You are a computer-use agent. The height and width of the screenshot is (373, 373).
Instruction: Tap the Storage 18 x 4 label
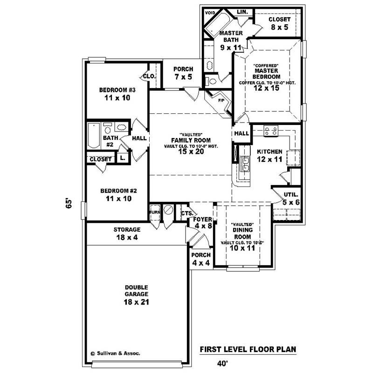[x=127, y=234]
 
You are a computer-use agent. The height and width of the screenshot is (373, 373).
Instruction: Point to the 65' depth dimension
[x=69, y=203]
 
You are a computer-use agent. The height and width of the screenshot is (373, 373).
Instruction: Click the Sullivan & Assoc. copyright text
[x=118, y=353]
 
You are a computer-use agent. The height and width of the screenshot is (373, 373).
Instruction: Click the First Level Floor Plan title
[x=248, y=349]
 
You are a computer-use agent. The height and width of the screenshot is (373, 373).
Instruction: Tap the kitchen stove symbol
[x=270, y=131]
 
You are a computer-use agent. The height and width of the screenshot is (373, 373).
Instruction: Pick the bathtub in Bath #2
[x=94, y=135]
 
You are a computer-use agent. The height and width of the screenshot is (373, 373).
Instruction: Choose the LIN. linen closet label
[x=242, y=11]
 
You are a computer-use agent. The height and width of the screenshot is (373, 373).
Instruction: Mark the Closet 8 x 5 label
[x=279, y=23]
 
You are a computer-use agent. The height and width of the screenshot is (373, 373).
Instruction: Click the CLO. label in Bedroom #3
[x=149, y=76]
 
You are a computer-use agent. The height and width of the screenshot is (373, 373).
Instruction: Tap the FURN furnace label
[x=154, y=212]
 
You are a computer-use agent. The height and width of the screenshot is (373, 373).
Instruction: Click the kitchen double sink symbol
[x=244, y=163]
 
